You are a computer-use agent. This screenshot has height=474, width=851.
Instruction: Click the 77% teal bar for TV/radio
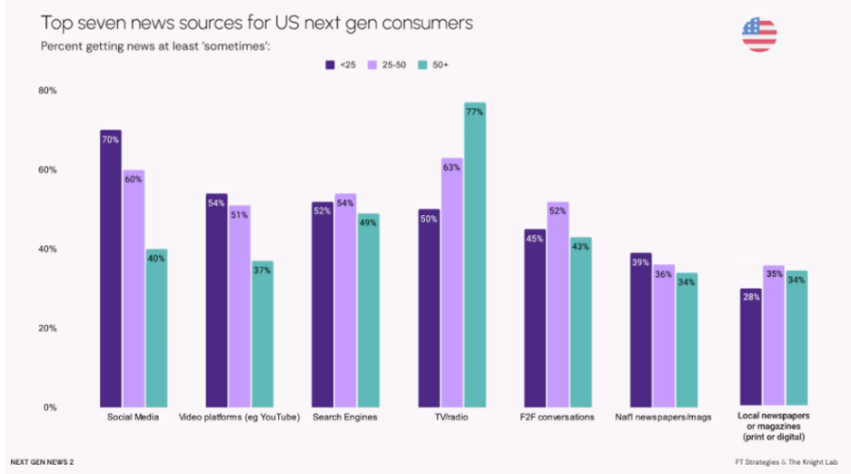pos(475,255)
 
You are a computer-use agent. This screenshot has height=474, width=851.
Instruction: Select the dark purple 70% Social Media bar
pos(111,269)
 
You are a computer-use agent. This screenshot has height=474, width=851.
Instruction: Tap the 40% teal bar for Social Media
pos(156,328)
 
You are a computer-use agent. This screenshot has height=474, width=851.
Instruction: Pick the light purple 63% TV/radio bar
pos(452,282)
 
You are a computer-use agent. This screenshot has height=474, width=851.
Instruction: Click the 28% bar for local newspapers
pos(751,347)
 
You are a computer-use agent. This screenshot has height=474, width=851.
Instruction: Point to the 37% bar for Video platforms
pos(262,334)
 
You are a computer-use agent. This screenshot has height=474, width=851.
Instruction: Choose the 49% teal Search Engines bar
pos(369,311)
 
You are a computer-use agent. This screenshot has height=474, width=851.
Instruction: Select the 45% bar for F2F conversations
pos(535,319)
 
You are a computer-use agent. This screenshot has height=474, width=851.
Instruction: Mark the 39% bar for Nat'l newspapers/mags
pos(641,330)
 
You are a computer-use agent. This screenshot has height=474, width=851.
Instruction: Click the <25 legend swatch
pos(330,65)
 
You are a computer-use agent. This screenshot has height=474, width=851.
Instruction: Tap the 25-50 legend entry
pos(386,65)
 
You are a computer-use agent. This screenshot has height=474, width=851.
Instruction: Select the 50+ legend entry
pos(433,65)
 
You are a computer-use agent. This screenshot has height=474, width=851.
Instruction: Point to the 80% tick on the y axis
pos(47,91)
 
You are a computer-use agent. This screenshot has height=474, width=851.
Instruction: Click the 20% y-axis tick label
pos(47,328)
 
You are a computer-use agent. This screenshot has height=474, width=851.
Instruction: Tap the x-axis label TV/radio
pos(451,417)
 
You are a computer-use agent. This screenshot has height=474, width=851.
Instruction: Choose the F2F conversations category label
pos(557,417)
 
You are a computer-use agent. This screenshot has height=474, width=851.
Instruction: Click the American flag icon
pos(759,35)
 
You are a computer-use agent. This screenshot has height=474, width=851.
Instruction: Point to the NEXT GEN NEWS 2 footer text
pos(42,462)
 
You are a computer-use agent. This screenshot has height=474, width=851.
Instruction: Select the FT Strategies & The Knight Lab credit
pos(787,462)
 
